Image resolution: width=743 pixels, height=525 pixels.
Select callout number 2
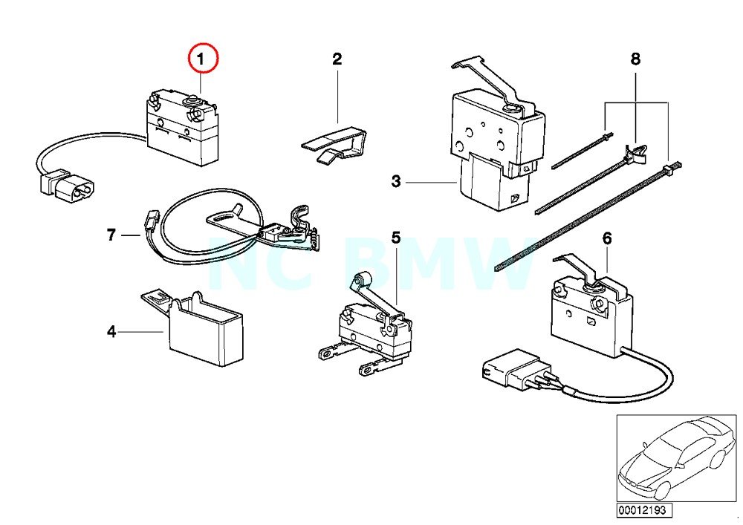point(337,59)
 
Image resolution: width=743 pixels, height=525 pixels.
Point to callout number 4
point(111,332)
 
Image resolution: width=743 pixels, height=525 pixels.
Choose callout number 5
point(396,238)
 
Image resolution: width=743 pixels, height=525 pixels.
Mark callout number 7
point(111,235)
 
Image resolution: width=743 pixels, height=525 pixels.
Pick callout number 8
point(635,59)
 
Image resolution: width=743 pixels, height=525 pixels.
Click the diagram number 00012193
point(640,511)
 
